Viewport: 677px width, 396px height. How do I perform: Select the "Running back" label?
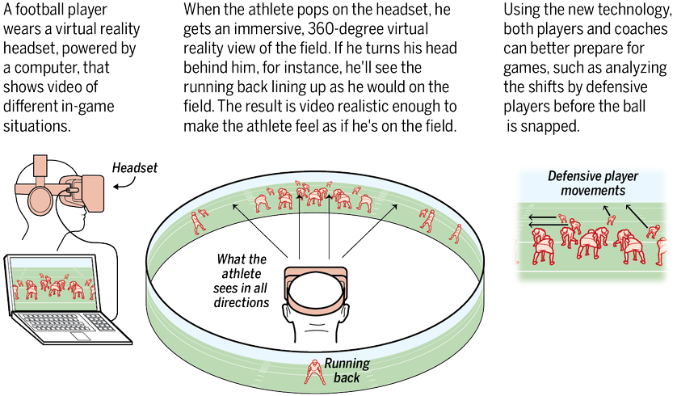pos(346,370)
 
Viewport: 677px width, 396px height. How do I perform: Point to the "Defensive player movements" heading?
pos(586,183)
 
